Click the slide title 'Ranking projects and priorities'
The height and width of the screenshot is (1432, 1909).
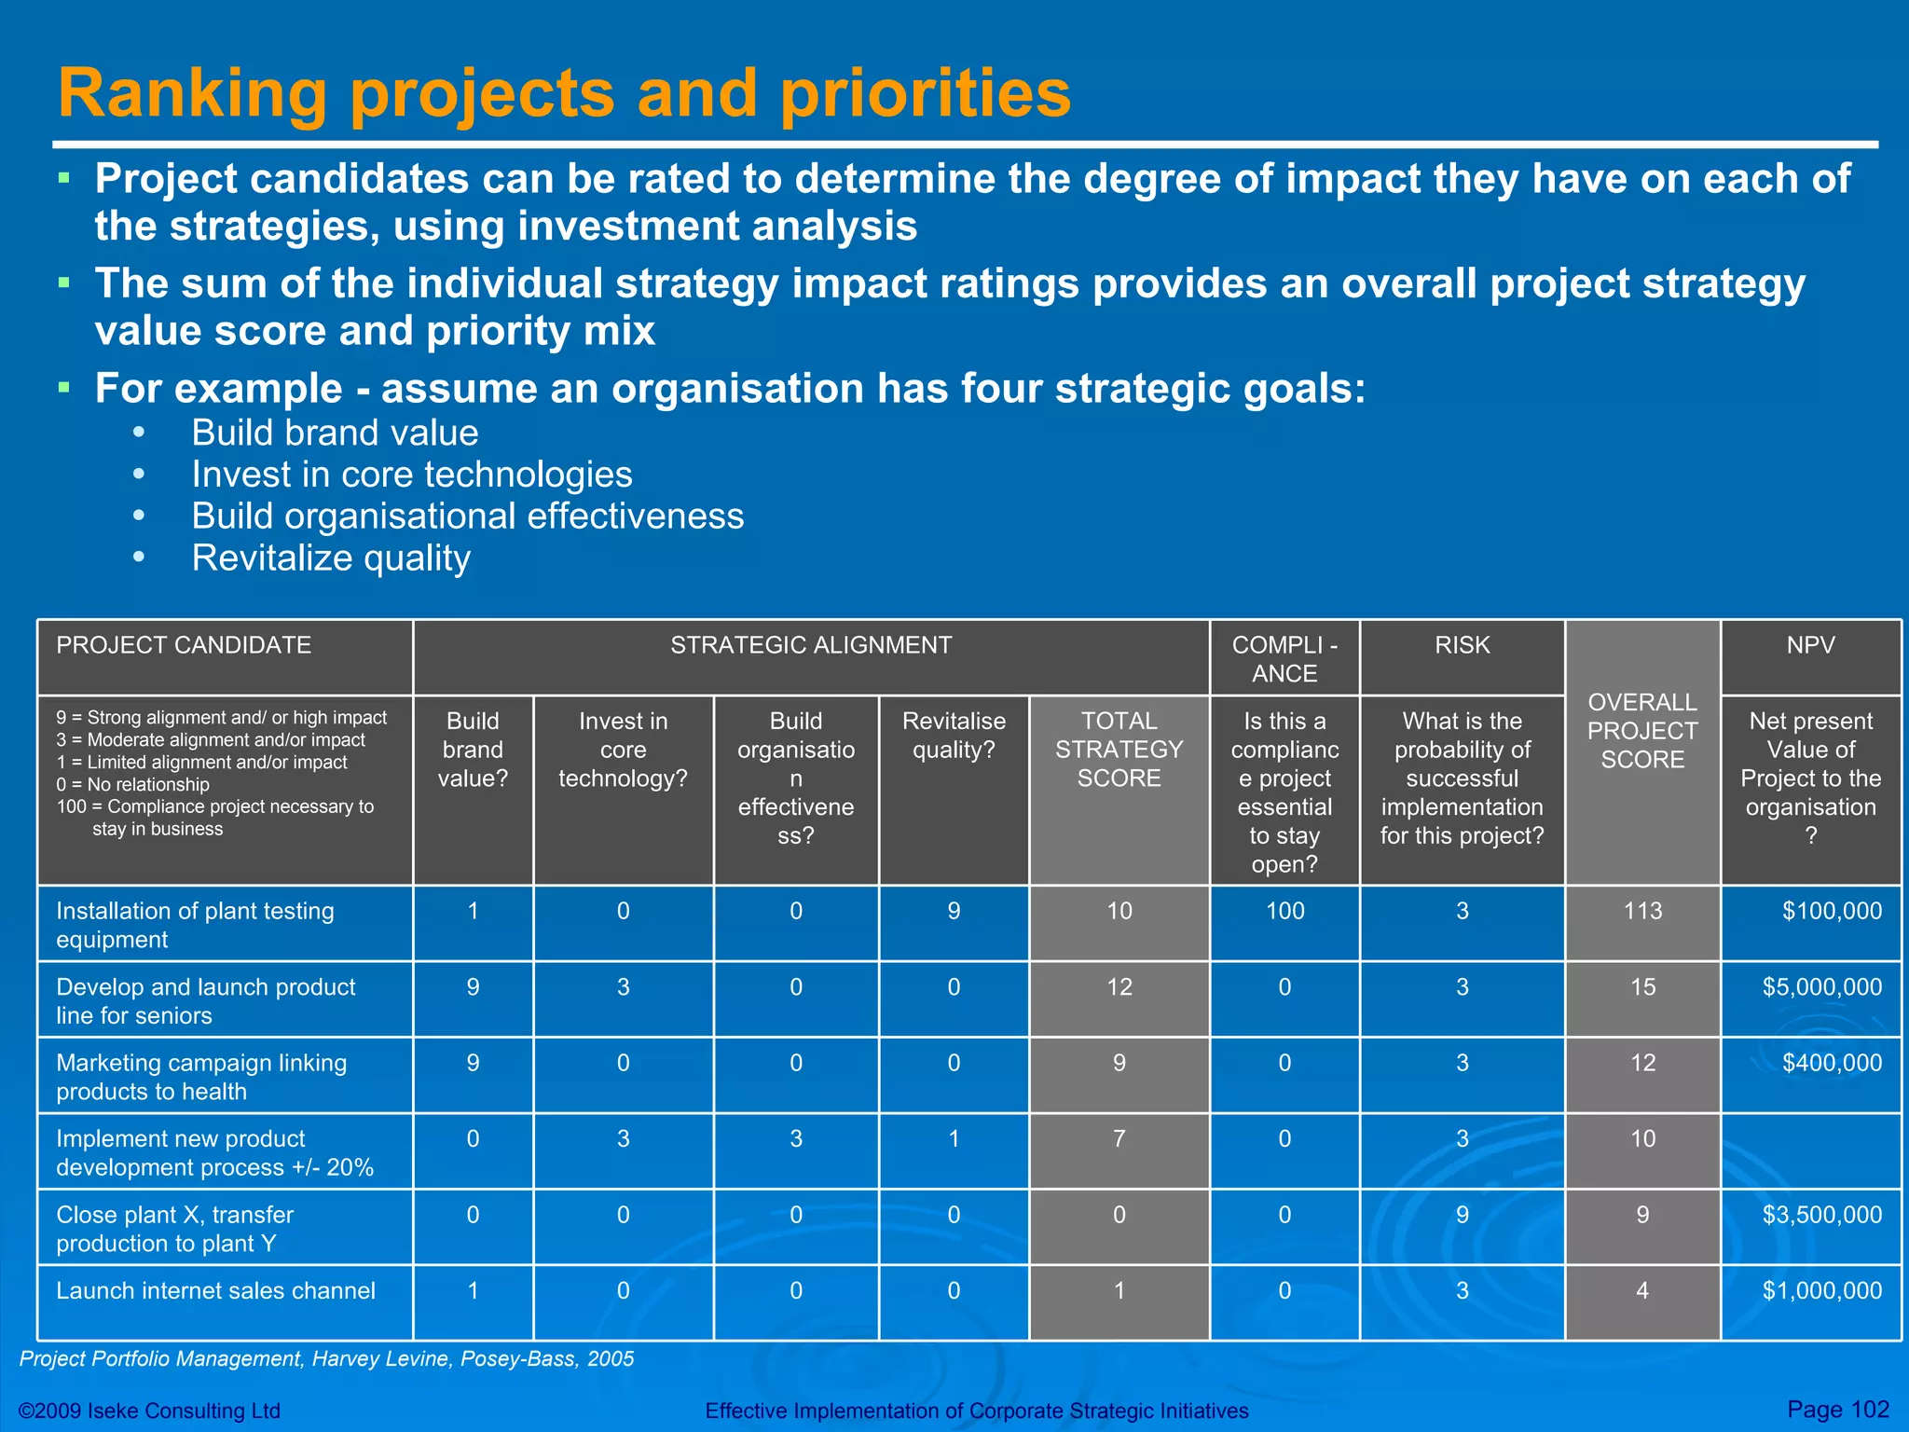pyautogui.click(x=564, y=93)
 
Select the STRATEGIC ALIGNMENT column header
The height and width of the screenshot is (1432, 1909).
pyautogui.click(x=811, y=645)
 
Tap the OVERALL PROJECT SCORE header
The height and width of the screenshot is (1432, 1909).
pyautogui.click(x=1642, y=731)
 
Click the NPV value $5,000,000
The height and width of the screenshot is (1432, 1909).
pyautogui.click(x=1821, y=987)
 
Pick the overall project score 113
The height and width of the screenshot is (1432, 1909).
pyautogui.click(x=1642, y=911)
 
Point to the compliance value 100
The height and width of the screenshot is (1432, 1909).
pyautogui.click(x=1284, y=911)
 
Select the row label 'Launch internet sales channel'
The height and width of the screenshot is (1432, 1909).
pyautogui.click(x=215, y=1291)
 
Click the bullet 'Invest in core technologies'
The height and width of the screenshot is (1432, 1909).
pyautogui.click(x=411, y=475)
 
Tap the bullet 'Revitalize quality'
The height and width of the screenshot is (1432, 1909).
pyautogui.click(x=331, y=558)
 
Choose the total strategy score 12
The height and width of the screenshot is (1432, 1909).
pyautogui.click(x=1119, y=987)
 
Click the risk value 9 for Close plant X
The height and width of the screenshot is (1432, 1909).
pyautogui.click(x=1462, y=1215)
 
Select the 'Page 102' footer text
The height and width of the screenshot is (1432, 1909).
pyautogui.click(x=1837, y=1410)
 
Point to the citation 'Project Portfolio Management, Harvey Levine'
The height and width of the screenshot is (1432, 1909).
pyautogui.click(x=326, y=1359)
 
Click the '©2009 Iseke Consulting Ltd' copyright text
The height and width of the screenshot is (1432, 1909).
pyautogui.click(x=149, y=1411)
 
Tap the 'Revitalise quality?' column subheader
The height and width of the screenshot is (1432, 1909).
pyautogui.click(x=954, y=736)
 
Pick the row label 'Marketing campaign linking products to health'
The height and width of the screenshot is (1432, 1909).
pyautogui.click(x=201, y=1077)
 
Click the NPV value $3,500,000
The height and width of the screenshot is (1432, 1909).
pyautogui.click(x=1821, y=1215)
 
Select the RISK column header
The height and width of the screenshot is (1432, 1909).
pyautogui.click(x=1462, y=645)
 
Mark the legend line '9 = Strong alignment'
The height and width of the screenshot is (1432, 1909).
pyautogui.click(x=221, y=718)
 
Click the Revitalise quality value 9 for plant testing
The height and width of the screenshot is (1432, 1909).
pyautogui.click(x=954, y=911)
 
